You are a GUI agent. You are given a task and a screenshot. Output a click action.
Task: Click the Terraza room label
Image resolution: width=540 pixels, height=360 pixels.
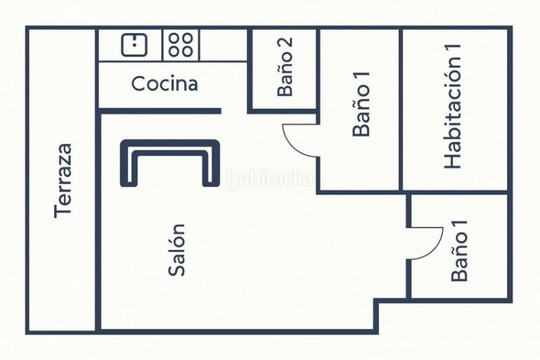point(64,180)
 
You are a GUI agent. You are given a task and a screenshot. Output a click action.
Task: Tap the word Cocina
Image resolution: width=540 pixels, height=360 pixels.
point(164,84)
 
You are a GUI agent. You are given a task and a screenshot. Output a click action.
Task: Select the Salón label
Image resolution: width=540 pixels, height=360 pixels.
point(177,249)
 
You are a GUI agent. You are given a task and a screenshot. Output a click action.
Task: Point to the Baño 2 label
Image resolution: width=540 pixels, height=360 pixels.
point(286,68)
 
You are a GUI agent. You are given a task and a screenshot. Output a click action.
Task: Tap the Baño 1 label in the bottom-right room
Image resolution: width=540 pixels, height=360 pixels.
point(459,250)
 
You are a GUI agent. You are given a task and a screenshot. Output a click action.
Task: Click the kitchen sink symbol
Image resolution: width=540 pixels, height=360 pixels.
point(134,45)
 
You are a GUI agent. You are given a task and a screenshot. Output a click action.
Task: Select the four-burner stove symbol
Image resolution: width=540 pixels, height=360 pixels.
point(181,45)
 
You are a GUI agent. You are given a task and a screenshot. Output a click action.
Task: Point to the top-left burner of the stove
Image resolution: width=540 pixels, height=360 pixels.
point(175,39)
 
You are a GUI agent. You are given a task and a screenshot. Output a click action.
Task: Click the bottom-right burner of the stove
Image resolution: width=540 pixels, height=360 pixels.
point(187,51)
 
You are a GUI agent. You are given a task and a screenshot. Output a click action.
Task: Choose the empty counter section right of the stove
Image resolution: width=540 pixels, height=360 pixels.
point(223,45)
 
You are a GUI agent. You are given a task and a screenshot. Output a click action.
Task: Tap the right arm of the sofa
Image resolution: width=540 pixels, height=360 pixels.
point(211,164)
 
